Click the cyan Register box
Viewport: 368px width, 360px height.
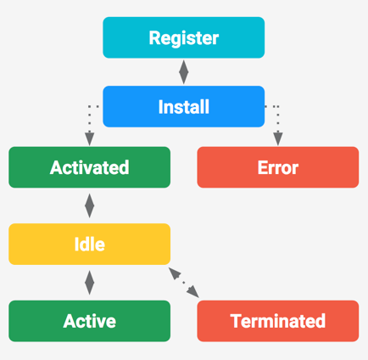coord(183,37)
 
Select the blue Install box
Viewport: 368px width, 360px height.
coord(183,107)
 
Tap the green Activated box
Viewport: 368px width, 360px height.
coord(89,167)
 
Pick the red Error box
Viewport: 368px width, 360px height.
coord(278,167)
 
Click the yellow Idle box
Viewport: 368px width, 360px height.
coord(89,245)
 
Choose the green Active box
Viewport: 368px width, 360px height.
coord(89,321)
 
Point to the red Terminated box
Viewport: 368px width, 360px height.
coord(278,321)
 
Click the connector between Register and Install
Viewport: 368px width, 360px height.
coord(183,72)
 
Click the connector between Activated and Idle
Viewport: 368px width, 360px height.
coord(89,205)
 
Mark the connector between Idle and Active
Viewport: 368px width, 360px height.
coord(89,283)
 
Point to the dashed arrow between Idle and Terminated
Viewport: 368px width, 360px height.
coord(184,283)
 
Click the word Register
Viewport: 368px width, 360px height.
coord(183,38)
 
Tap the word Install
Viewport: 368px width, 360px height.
coord(183,108)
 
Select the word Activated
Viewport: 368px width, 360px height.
coord(89,167)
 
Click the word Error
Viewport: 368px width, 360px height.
coord(278,167)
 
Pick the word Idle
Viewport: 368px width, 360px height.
coord(89,245)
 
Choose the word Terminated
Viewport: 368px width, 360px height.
coord(278,321)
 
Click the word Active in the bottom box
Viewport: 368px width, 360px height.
coord(89,321)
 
